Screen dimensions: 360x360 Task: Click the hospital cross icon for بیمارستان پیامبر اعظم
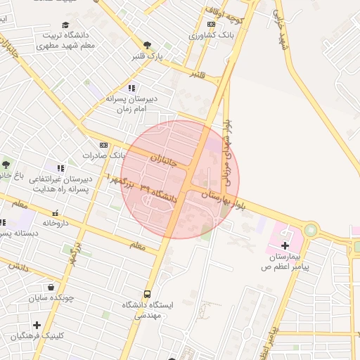[285, 245]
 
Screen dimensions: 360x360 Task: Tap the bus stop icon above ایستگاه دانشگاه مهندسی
[147, 294]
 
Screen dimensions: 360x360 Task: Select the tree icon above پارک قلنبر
[147, 45]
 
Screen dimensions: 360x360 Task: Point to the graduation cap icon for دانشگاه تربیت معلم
[65, 25]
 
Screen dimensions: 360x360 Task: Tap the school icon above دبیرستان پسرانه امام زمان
[131, 88]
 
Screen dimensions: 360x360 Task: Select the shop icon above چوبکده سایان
[51, 286]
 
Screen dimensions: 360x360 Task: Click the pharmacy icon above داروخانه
[56, 213]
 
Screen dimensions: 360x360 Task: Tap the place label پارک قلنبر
[149, 56]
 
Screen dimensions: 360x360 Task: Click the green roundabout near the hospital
[310, 230]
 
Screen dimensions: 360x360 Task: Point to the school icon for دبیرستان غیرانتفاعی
[60, 168]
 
